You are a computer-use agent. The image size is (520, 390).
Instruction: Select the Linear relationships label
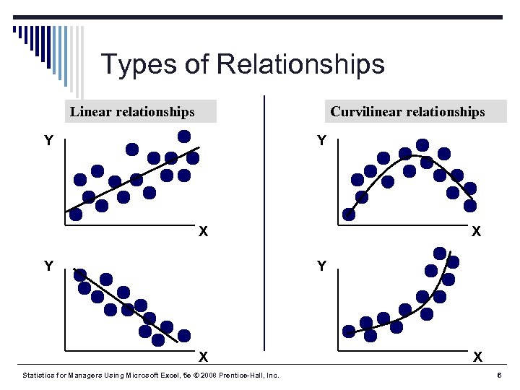click(x=132, y=111)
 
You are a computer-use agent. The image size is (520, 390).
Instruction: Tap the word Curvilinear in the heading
click(x=365, y=111)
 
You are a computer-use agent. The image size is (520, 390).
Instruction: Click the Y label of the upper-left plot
click(x=48, y=141)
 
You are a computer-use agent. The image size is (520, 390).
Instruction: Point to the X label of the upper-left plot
click(x=204, y=231)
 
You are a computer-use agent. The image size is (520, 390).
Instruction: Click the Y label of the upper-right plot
click(x=322, y=140)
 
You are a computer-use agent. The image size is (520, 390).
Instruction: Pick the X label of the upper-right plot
click(x=476, y=231)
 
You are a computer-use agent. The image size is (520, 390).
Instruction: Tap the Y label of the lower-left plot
click(x=48, y=266)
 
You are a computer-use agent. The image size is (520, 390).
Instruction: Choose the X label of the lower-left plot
click(x=204, y=356)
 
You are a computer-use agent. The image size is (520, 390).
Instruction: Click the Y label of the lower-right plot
click(x=322, y=266)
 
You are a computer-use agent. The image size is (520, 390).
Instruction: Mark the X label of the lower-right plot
click(x=477, y=356)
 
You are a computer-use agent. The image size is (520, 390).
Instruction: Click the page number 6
click(x=499, y=376)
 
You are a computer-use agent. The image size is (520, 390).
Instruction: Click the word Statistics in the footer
click(x=41, y=376)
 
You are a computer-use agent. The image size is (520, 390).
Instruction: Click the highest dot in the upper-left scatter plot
click(x=184, y=136)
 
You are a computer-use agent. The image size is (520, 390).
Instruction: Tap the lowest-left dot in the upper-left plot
click(x=75, y=214)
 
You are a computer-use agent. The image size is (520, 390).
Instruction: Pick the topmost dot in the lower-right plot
click(x=440, y=253)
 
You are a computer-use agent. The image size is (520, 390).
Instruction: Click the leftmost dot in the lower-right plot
click(x=349, y=331)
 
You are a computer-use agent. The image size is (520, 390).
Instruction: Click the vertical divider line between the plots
click(x=265, y=217)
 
